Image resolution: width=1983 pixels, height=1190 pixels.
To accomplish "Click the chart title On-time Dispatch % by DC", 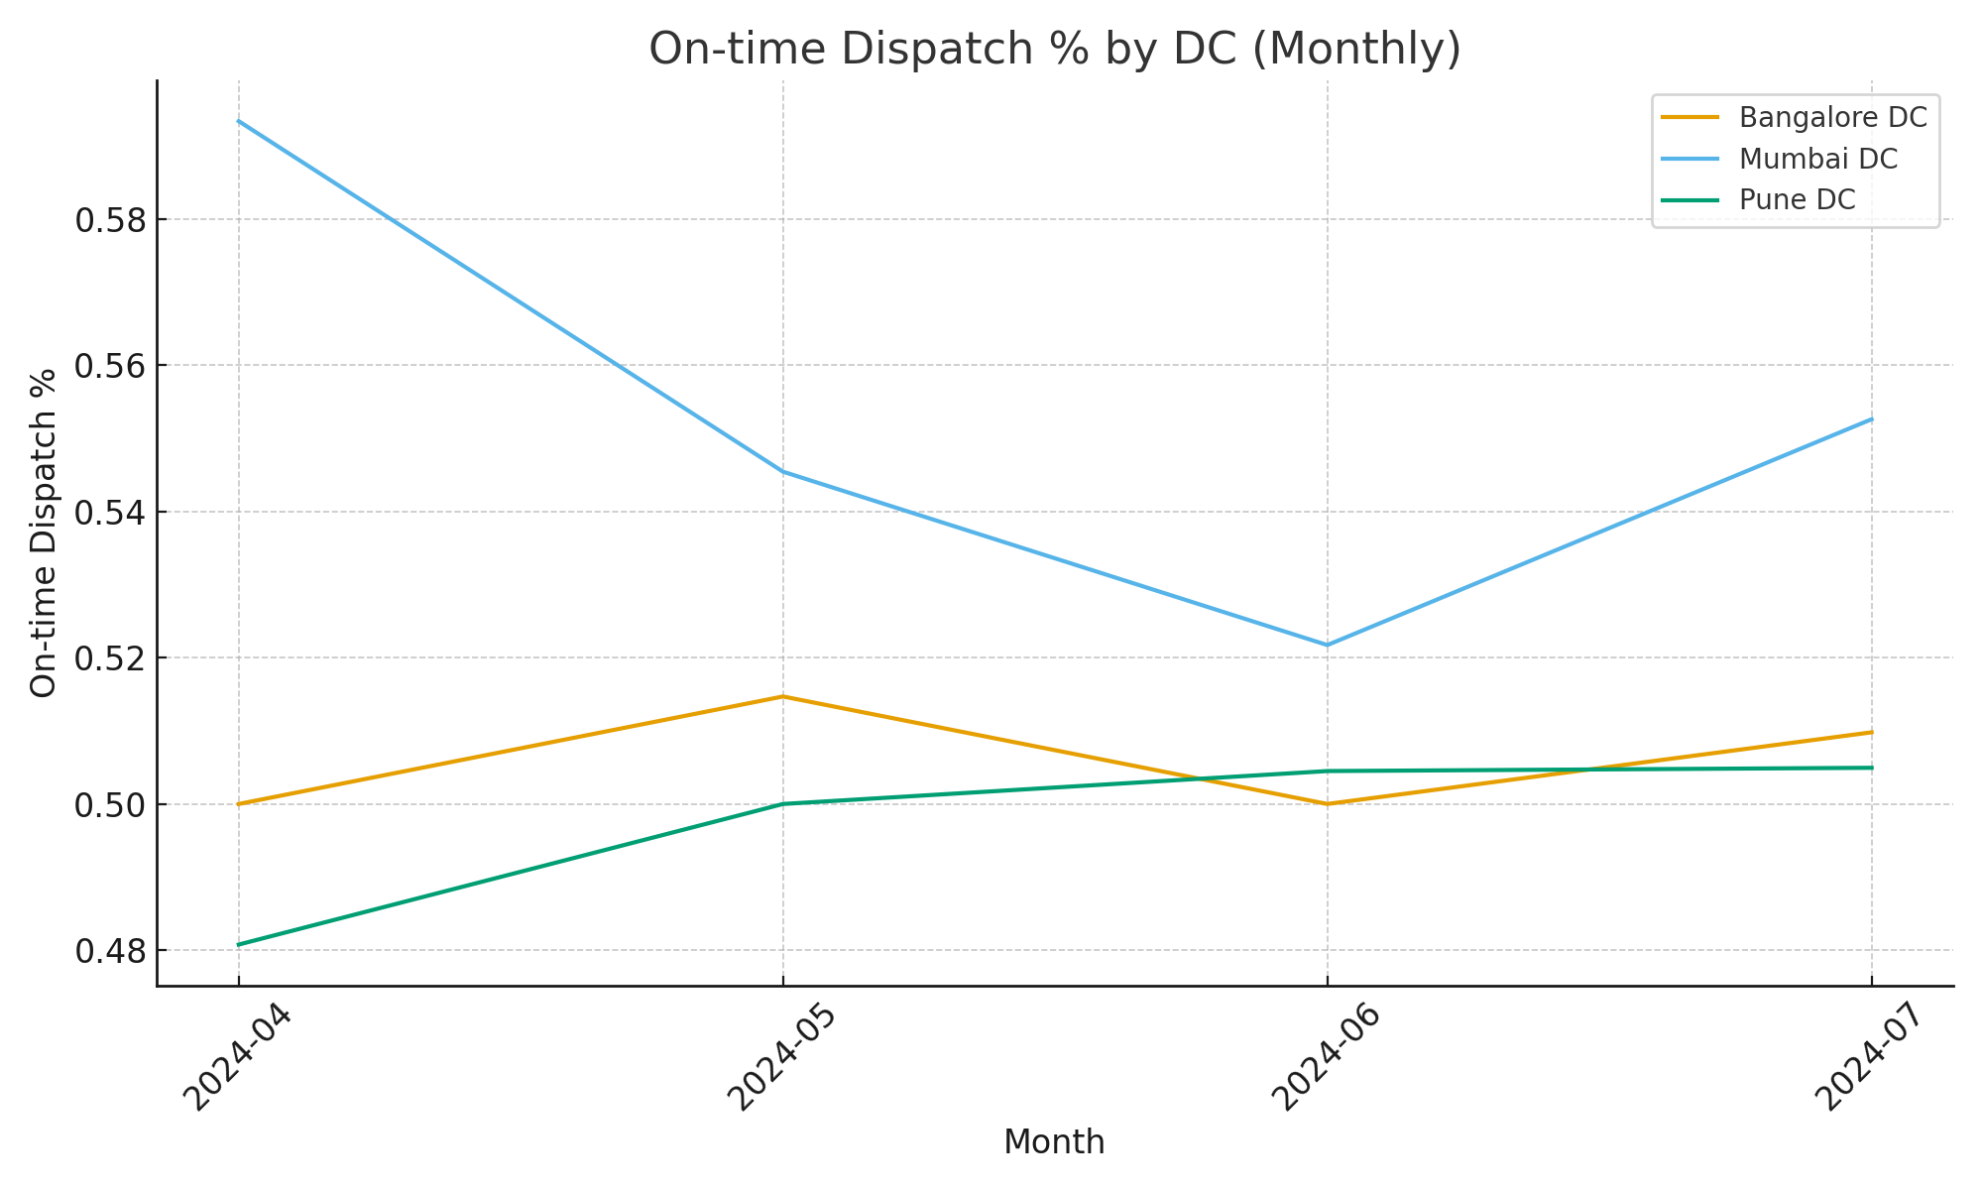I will click(x=1055, y=50).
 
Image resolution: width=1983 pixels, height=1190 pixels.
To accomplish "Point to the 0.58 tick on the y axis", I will click(x=110, y=220).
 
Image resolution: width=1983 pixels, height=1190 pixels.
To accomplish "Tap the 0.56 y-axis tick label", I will click(x=110, y=366).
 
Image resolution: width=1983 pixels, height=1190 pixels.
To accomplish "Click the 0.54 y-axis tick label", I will click(x=110, y=513).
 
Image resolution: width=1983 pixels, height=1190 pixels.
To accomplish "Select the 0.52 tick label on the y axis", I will click(x=110, y=658).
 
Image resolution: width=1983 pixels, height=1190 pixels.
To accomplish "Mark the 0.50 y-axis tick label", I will click(x=110, y=804).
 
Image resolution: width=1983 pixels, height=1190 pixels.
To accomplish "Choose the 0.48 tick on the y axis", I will click(x=110, y=951).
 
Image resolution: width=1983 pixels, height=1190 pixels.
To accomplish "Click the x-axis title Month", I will click(x=1054, y=1142).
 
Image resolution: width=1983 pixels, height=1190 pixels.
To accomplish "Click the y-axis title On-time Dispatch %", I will click(x=44, y=534).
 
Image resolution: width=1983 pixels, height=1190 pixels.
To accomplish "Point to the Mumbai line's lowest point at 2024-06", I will click(x=1328, y=645).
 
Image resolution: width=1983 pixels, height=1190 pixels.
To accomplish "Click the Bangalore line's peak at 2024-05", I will click(x=783, y=696).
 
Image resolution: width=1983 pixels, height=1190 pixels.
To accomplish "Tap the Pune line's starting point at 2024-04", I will click(x=239, y=944).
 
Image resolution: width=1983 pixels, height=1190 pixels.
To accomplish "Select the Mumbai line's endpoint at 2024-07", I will click(x=1871, y=418).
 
